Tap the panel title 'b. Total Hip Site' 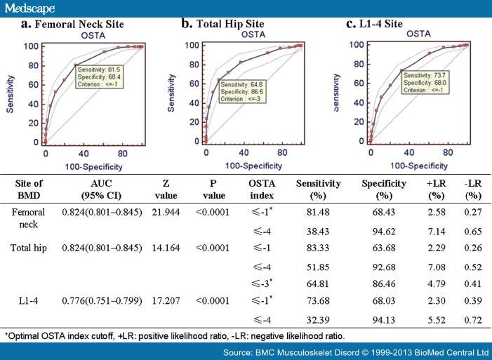[222, 24]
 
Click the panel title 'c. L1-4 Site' [375, 24]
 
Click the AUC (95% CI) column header [102, 189]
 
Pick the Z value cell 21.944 [166, 212]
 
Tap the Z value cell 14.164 [166, 248]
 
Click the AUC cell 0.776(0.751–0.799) [102, 300]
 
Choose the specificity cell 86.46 [382, 283]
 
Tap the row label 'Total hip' [29, 248]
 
